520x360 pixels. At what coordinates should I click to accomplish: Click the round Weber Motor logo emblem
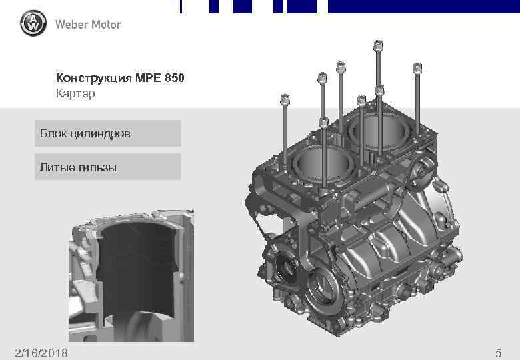33,25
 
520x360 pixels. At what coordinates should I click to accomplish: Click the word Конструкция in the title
93,79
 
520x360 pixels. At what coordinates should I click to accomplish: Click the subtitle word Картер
75,94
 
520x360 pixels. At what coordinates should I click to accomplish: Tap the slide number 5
498,351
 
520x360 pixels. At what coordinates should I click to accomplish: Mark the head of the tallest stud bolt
378,47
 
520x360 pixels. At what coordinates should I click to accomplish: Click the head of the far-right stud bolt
417,68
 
